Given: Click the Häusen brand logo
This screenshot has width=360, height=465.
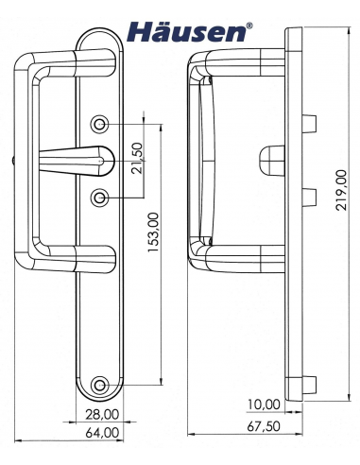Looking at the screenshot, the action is [x=189, y=32].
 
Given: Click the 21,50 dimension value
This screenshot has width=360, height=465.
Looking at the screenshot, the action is [x=137, y=158].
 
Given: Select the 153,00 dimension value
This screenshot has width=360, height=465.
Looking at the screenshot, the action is [x=153, y=232].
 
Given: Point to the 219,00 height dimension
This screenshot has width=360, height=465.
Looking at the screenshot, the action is [x=340, y=190].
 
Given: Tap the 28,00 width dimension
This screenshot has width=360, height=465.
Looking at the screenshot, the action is [x=102, y=414].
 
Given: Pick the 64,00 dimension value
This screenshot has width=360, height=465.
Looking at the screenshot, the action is [x=102, y=432].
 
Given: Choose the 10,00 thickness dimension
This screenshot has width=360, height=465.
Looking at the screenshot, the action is [x=264, y=404].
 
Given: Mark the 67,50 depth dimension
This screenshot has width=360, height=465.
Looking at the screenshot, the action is [x=264, y=426].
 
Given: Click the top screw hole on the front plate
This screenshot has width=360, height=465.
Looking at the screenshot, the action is [x=100, y=125].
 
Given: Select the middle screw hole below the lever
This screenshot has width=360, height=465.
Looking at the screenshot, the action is [x=100, y=198].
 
